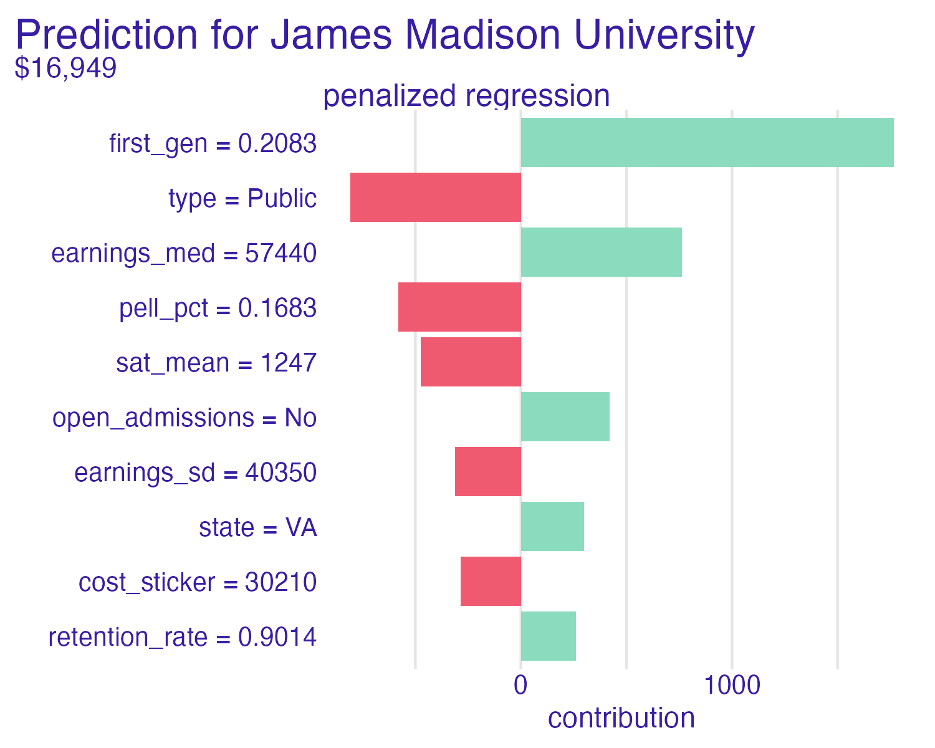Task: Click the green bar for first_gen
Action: tap(707, 143)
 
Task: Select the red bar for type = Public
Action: tap(435, 198)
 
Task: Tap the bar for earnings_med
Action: tap(601, 252)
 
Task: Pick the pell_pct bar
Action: tap(459, 307)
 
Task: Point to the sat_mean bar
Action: tap(471, 362)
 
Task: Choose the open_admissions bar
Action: tap(565, 417)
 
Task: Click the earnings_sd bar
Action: tap(487, 472)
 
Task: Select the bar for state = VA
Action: tap(552, 527)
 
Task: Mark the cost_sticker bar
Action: tap(491, 582)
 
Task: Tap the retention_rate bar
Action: tap(548, 636)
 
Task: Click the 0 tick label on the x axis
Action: tap(520, 686)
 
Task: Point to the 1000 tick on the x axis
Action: tap(732, 686)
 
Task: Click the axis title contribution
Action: tap(621, 718)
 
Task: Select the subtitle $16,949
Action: tap(65, 68)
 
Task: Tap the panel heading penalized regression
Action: tap(466, 96)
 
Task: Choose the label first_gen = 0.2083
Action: tap(213, 144)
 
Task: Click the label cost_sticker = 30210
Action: tap(198, 583)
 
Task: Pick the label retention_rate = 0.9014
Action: tap(183, 638)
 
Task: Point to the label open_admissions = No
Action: tap(185, 418)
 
